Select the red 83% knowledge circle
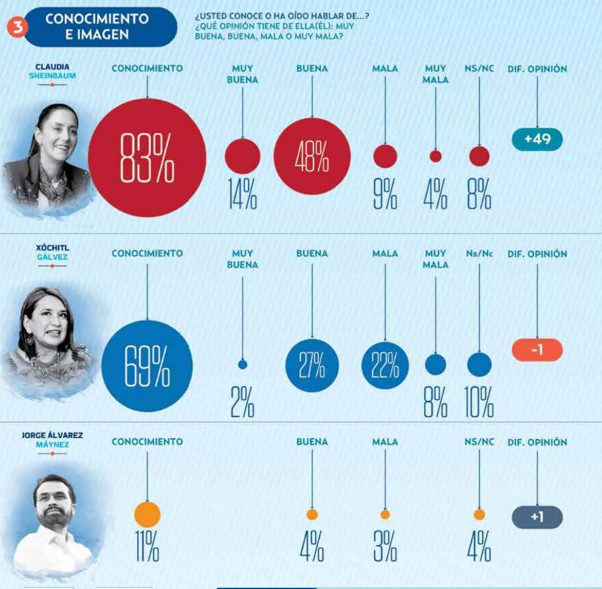pos(147,157)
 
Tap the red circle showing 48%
pos(312,157)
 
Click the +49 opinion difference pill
pos(537,139)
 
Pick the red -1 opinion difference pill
pos(537,350)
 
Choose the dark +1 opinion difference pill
pos(537,517)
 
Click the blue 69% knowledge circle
pos(147,366)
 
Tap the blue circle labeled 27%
pos(312,366)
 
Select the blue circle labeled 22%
pos(385,366)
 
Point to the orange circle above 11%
pos(147,514)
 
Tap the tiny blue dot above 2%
pos(243,365)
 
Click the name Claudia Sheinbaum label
pos(52,71)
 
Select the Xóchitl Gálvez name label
pos(52,252)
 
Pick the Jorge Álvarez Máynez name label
pos(52,439)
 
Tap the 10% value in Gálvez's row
pos(479,402)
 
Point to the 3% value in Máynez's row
pos(385,546)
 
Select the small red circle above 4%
pos(435,157)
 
